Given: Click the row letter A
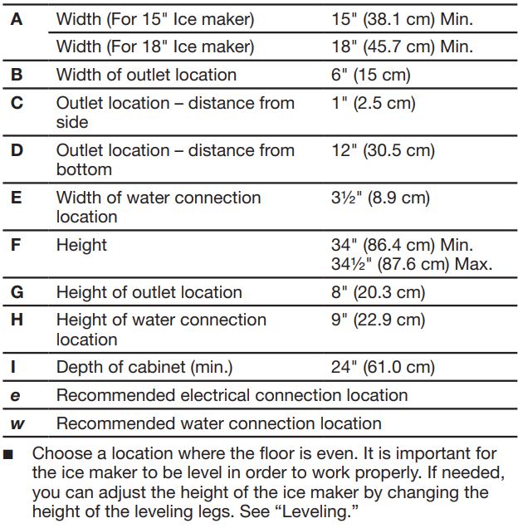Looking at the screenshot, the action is pos(17,19).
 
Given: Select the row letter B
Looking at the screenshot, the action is pos(17,76).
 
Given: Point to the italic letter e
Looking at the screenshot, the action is pos(16,396).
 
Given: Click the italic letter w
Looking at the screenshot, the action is pos(17,424).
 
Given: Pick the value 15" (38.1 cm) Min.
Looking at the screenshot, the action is pos(402,19).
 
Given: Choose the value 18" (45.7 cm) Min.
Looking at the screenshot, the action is pos(402,46).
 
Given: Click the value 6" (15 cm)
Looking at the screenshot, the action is pos(370,76).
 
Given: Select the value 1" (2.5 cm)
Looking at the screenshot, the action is pos(373,104).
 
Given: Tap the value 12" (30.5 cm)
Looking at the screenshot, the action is pos(382,151).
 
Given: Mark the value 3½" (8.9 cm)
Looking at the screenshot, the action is pos(380,198).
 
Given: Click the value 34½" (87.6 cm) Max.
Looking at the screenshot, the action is pos(412,265).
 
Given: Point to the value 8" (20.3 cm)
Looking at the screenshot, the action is pos(378,292).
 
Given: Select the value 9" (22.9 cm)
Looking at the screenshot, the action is pos(378,320).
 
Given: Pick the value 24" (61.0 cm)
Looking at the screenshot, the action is pos(382,368).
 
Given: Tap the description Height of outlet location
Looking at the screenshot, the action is pos(149,292).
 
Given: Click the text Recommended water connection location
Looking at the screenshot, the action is pos(219,424).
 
